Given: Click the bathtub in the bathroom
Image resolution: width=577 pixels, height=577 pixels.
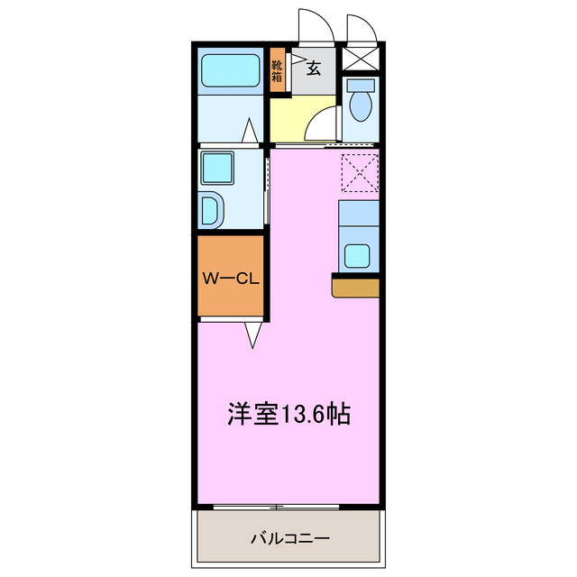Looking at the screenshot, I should tap(230, 70).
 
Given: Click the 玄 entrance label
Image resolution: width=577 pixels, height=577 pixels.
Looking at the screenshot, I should tap(314, 68).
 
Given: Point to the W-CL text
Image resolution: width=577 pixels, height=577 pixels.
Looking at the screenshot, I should tap(230, 279).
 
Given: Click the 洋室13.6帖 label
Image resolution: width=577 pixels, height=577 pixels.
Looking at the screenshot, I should tap(288, 414).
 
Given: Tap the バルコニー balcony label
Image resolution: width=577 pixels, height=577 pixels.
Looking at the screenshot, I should tap(289, 538).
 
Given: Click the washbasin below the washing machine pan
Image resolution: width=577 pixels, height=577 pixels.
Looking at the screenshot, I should tap(213, 212).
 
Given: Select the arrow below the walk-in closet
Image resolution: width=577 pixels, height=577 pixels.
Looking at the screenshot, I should tap(253, 334).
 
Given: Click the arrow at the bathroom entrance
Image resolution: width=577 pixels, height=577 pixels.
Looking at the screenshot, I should tap(250, 133).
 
